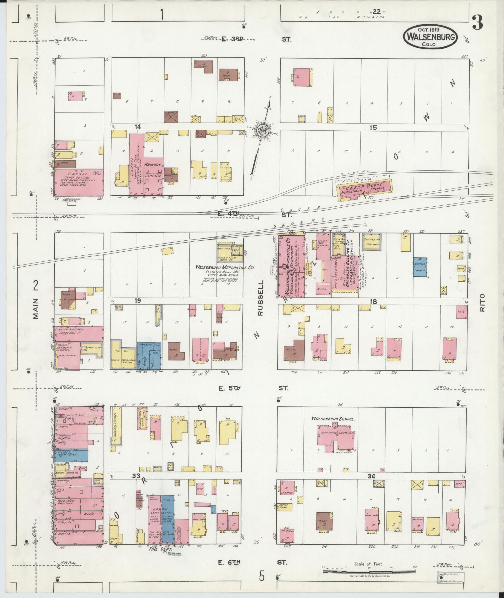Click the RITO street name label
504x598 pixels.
click(482, 302)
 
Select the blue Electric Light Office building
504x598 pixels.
click(71, 455)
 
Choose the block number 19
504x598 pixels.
click(137, 301)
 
